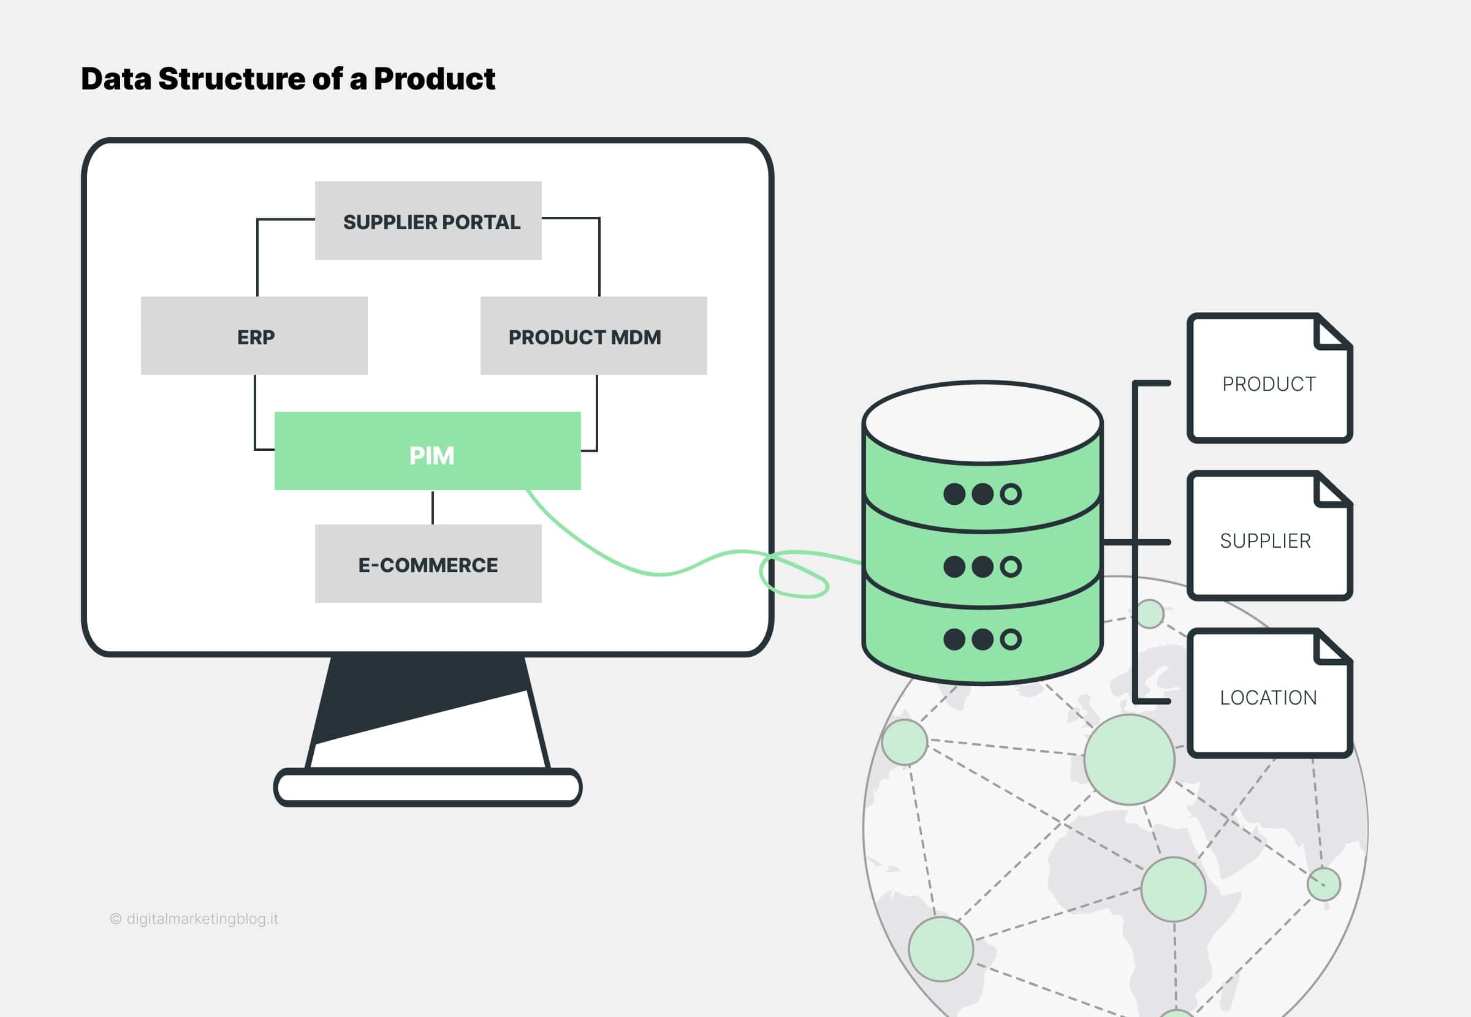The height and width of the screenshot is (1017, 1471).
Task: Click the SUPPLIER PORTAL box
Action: click(x=428, y=221)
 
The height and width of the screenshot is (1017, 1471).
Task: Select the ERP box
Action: click(x=254, y=336)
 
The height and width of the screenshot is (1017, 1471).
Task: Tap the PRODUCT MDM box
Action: click(x=593, y=336)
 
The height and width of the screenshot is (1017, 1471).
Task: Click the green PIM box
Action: click(x=428, y=451)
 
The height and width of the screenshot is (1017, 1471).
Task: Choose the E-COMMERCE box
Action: click(x=428, y=564)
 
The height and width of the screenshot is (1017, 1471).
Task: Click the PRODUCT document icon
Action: click(x=1269, y=378)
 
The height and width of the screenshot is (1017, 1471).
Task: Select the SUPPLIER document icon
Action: click(x=1269, y=535)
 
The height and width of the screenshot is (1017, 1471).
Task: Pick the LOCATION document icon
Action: click(x=1269, y=693)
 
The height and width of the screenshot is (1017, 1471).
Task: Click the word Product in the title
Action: click(x=434, y=79)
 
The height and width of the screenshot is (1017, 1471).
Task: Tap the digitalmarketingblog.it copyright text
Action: click(x=194, y=919)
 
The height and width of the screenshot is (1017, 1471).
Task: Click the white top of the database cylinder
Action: click(x=983, y=422)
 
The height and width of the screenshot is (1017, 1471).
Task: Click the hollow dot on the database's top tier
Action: click(x=1011, y=494)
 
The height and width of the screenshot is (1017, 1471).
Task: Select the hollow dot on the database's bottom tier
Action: click(x=1011, y=639)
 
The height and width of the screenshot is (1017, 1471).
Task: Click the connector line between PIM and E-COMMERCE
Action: click(x=433, y=507)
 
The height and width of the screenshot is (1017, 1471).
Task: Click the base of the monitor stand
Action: click(x=428, y=788)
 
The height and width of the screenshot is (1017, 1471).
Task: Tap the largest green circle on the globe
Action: click(x=1130, y=760)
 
